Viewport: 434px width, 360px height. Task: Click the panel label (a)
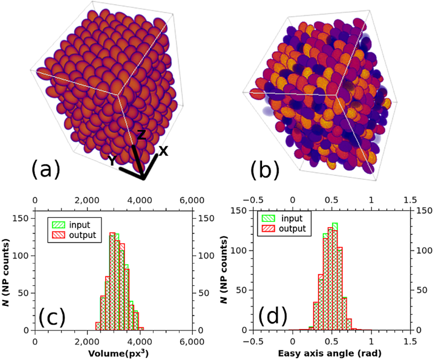click(46, 169)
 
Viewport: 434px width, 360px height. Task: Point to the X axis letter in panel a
click(163, 150)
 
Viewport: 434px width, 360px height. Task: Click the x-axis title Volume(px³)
click(114, 353)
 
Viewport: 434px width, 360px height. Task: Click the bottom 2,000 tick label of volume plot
click(87, 341)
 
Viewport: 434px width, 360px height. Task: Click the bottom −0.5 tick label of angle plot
click(253, 341)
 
